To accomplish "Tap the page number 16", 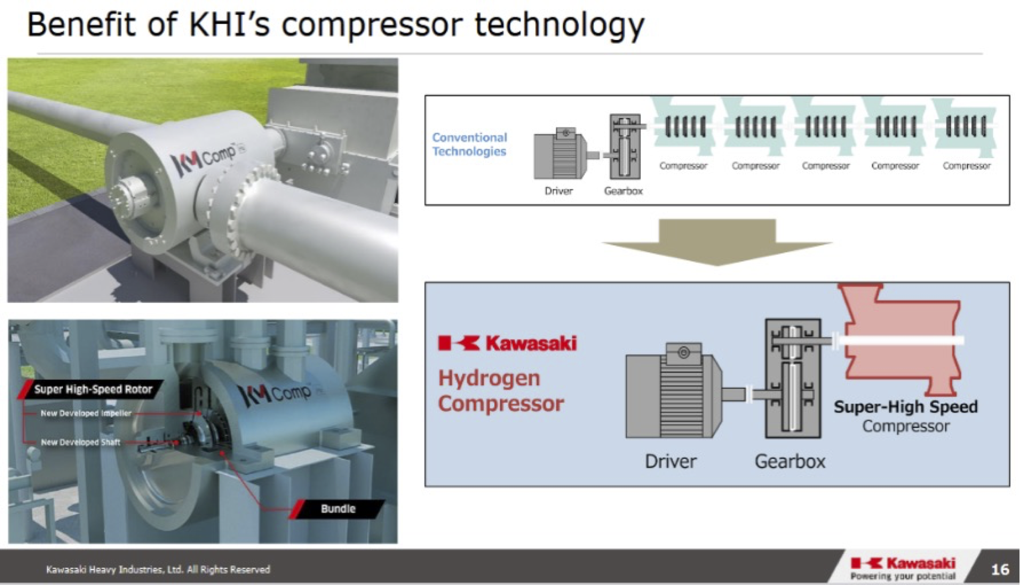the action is coord(1000,569).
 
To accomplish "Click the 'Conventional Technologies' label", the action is coord(470,144).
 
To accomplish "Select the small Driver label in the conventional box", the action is coord(559,191).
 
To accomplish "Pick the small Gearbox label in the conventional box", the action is coord(623,191).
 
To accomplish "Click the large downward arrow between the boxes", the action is coord(717,242).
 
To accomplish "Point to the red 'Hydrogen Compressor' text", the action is coord(501,390).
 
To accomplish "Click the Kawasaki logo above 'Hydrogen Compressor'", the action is coord(507,343).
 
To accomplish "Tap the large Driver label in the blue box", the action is coord(671,461).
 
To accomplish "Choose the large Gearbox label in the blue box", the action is coord(790,461).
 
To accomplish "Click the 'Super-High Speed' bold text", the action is coord(906,406).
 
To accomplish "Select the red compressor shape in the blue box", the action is coord(903,339).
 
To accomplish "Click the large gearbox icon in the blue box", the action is coord(793,378).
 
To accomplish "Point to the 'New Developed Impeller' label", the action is coord(86,413).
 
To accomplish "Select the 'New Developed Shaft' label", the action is coord(80,442).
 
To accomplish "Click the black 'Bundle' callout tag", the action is coord(338,509).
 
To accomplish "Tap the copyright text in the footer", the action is coord(158,569).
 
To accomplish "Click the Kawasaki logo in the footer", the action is coord(903,568).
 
